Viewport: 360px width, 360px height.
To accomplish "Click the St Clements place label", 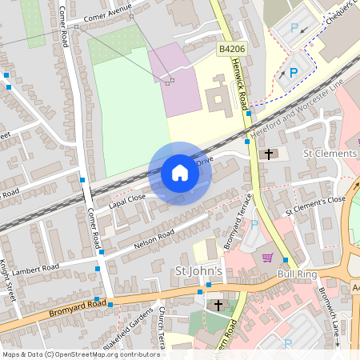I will point(329,153).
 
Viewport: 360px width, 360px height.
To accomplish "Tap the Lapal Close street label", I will point(127,198).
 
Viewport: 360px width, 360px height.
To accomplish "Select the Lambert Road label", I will point(37,267).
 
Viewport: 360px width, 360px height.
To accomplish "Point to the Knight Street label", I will point(9,280).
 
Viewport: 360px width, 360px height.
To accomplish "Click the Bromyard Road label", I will point(77,304).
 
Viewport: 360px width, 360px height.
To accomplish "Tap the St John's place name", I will point(197,272).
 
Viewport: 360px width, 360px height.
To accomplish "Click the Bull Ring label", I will point(297,274).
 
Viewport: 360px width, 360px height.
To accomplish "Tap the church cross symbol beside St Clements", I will point(268,154).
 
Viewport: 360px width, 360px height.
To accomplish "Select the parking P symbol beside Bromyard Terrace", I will point(254,226).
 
